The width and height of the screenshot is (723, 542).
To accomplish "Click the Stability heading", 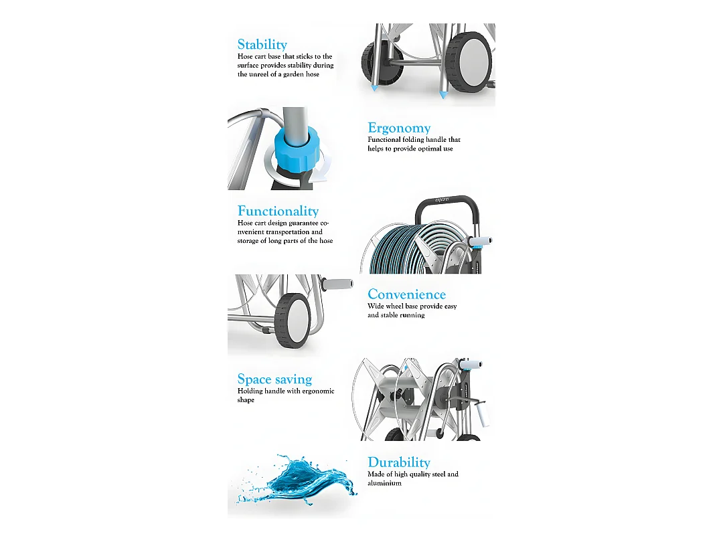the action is coord(262,44).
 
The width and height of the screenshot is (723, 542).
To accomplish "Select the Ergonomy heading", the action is coord(399,128).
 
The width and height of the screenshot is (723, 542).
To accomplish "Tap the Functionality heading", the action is coord(278,211).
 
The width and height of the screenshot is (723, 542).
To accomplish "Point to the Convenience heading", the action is coord(407,294).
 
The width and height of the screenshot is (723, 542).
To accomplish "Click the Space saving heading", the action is coord(274,379).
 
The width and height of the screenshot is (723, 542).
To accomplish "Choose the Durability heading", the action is coord(399,462).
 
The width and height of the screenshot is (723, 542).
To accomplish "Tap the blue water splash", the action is coord(296,479).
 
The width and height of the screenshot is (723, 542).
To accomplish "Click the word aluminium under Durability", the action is coord(384,483).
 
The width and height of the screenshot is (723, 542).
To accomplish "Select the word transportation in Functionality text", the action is coord(287,232).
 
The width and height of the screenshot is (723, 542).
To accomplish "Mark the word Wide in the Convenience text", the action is coord(376,306).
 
